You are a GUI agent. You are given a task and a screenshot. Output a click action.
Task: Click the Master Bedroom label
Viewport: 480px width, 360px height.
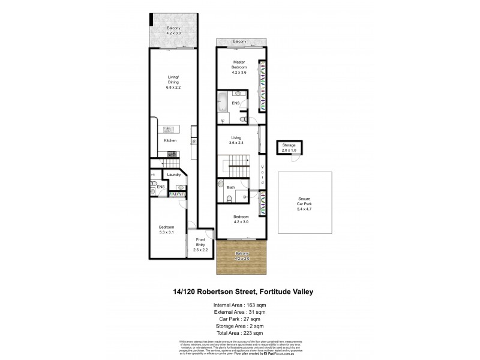pos(239,64)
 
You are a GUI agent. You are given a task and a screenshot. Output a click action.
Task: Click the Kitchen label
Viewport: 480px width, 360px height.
pos(170,140)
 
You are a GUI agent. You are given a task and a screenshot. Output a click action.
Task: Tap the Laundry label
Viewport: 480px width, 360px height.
pos(174,175)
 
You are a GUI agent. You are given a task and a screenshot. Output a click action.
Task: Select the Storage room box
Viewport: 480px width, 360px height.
pos(290,148)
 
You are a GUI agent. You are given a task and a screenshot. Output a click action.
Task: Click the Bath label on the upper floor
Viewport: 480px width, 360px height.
pos(230,187)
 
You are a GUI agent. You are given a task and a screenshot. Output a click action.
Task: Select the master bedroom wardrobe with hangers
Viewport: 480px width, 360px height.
pos(262,85)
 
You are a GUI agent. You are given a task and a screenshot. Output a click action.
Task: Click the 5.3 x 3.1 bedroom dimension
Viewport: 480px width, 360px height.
pos(166,231)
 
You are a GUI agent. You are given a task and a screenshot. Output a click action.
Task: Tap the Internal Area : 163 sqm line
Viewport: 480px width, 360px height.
pos(240,305)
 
